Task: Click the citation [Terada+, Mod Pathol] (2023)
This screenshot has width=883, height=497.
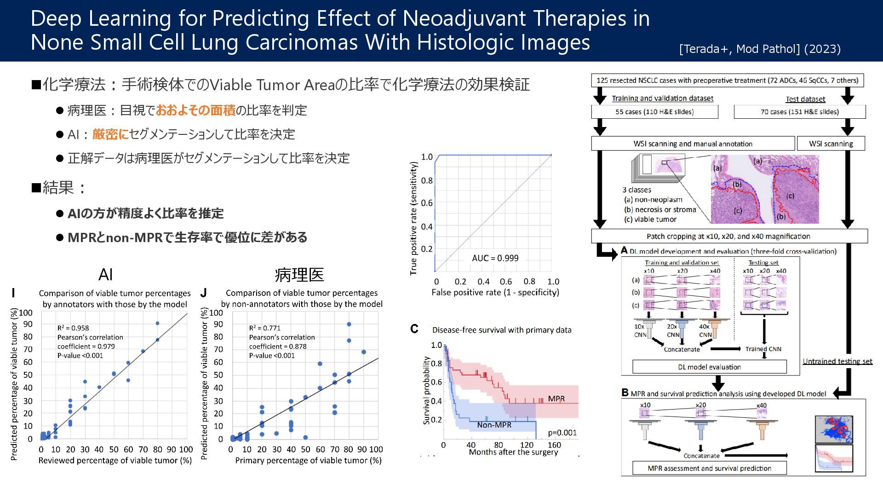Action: (x=759, y=49)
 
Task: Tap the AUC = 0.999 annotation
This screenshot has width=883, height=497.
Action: (x=495, y=258)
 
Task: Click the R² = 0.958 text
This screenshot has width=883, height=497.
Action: (x=73, y=328)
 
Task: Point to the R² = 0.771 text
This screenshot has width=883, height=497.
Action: (x=264, y=328)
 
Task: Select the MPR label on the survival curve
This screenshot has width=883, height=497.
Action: (x=556, y=399)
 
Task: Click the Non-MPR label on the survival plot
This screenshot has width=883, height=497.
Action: (x=494, y=425)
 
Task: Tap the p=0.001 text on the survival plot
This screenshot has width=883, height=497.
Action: (x=562, y=433)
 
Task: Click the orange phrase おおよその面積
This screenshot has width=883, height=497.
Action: (x=195, y=110)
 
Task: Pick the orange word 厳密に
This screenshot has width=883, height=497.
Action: (x=110, y=134)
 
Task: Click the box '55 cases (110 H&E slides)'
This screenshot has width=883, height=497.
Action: (x=654, y=112)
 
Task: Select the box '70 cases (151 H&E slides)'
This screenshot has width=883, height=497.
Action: (x=799, y=112)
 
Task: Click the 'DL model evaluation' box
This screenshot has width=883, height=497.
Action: (x=709, y=367)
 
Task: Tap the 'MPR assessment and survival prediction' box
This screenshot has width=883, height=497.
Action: (x=709, y=468)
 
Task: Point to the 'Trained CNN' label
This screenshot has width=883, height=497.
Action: (x=763, y=349)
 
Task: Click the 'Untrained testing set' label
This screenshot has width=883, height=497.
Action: (x=837, y=361)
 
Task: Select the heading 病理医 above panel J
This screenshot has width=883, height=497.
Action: (x=299, y=275)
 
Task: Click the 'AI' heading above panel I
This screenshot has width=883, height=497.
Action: (x=105, y=275)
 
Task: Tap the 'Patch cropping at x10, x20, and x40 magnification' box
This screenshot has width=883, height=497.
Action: (x=728, y=237)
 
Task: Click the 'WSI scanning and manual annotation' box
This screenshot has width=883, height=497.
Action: (x=693, y=144)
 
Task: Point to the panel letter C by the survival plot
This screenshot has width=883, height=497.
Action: (x=414, y=329)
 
